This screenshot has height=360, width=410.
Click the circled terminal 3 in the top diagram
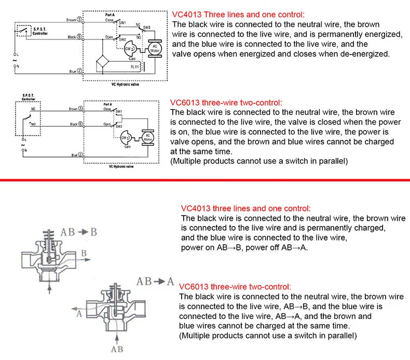[79, 20]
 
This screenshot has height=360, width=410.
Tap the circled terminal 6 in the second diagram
[80, 125]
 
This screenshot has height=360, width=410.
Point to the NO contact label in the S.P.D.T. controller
[34, 125]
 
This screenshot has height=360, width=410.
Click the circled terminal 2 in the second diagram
[80, 155]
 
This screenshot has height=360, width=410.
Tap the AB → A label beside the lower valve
[155, 282]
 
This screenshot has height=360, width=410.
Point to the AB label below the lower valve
[117, 349]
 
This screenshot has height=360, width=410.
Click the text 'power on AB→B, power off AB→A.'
[244, 247]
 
